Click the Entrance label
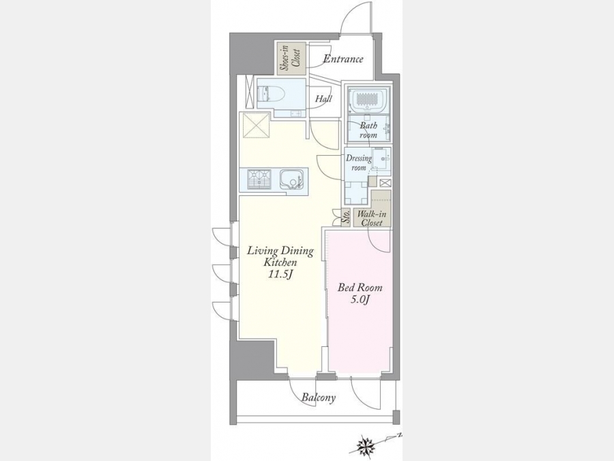[x=343, y=59]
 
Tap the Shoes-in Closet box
[x=290, y=58]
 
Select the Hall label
[x=323, y=99]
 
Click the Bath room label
[x=368, y=130]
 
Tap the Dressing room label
[x=358, y=163]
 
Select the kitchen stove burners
[x=259, y=179]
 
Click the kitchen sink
[x=291, y=180]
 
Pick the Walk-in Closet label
[x=372, y=219]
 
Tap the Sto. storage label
[x=346, y=216]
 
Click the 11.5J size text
[x=280, y=275]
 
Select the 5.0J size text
[x=360, y=300]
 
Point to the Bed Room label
[x=360, y=288]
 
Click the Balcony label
[x=319, y=398]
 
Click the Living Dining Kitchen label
[x=280, y=256]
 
